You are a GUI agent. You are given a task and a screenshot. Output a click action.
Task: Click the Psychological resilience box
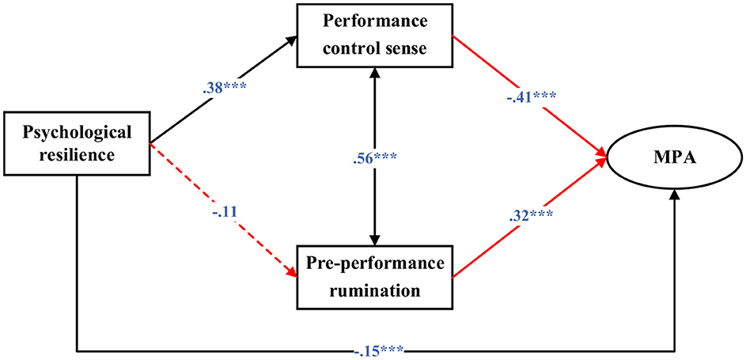click(78, 144)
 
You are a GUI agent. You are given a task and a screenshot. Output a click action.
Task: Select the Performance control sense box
click(373, 36)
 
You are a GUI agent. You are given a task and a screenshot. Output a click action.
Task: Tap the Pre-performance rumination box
click(373, 276)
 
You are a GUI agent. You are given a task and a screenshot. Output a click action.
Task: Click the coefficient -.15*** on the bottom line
click(375, 345)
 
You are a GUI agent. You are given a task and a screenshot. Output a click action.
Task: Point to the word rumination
click(373, 290)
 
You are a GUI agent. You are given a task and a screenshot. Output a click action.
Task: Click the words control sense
click(373, 49)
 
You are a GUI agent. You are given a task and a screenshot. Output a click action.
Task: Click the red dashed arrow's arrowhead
click(293, 274)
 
